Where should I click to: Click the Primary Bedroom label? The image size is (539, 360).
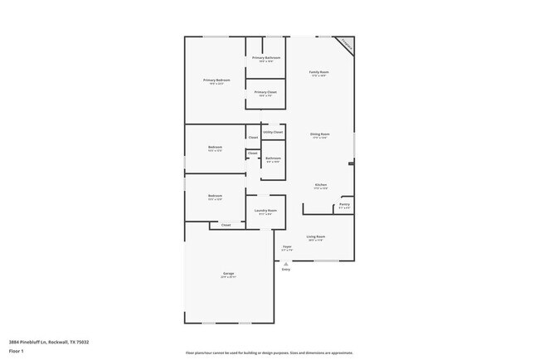pos(216,80)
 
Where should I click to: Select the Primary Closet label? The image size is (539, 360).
pos(265,92)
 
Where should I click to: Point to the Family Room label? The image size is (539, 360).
pos(319,72)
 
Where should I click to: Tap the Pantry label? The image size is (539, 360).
pos(344,204)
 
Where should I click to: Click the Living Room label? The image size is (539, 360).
pos(315,236)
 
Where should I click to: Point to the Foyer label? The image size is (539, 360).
pos(287,246)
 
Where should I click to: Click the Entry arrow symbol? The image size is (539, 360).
pos(286,264)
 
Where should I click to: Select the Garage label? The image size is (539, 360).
pos(228,273)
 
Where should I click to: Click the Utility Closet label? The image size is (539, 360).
pos(273,132)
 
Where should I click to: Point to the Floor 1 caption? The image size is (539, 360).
pos(17,350)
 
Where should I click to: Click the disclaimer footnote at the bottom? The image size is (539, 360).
pos(269,353)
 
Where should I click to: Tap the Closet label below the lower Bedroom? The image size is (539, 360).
pos(226,225)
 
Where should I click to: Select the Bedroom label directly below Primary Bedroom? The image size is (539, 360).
pos(215,147)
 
